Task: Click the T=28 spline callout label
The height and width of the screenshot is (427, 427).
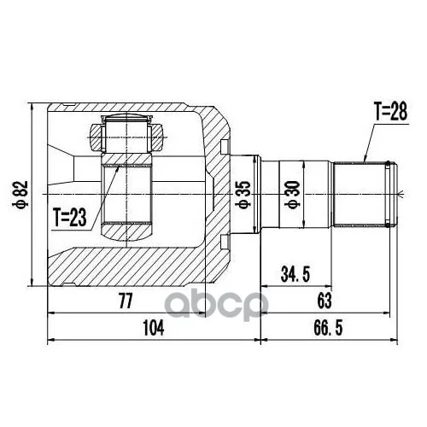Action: pos(391,112)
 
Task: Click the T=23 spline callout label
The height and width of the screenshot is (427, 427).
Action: pos(70,217)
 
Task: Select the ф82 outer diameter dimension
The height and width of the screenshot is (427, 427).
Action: pos(22,194)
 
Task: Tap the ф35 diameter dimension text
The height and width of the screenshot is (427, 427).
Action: pos(244,195)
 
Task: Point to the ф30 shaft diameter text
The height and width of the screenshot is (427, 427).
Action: pos(294,195)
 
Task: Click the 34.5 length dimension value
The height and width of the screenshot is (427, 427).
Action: pos(295,274)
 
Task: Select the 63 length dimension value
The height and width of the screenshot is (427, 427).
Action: pos(325,301)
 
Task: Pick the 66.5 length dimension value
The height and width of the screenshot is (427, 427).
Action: pos(328,328)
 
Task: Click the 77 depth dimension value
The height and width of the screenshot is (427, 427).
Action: pos(126,301)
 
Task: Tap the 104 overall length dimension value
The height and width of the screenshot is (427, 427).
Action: pos(154,328)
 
